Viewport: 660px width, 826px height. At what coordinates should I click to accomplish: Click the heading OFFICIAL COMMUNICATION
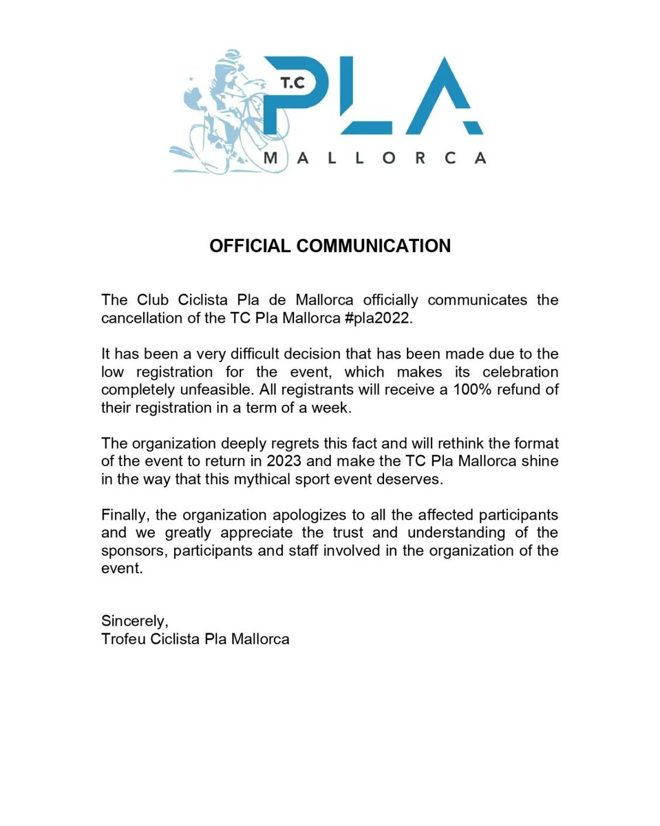pos(330,246)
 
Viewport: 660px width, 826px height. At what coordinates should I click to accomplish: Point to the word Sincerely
pos(134,621)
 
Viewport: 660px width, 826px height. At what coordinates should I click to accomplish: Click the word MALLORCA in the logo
pos(375,158)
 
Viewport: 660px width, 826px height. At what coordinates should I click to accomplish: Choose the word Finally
pos(124,514)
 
